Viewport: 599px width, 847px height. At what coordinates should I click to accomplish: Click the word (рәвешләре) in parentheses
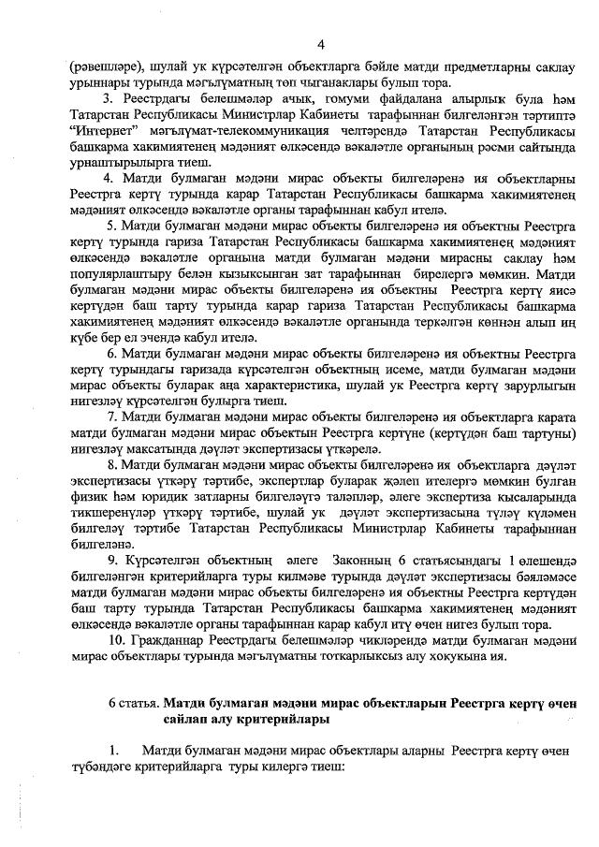click(x=106, y=67)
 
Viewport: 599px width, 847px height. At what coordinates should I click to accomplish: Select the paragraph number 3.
click(x=109, y=99)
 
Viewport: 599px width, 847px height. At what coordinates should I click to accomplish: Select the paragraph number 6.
click(x=112, y=380)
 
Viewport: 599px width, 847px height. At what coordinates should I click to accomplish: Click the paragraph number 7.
click(x=112, y=442)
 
